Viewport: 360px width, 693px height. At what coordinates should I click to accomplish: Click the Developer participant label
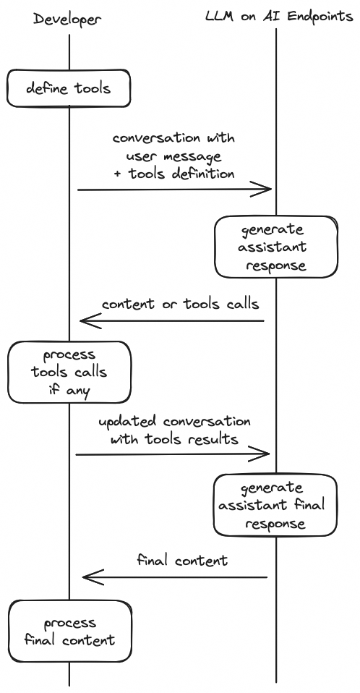pyautogui.click(x=67, y=20)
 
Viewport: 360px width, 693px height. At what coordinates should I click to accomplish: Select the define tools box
pyautogui.click(x=69, y=89)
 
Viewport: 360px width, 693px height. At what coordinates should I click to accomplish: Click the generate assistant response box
pyautogui.click(x=275, y=247)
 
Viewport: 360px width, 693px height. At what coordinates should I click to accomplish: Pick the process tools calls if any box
pyautogui.click(x=69, y=372)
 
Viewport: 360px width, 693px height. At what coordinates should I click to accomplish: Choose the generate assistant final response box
pyautogui.click(x=275, y=505)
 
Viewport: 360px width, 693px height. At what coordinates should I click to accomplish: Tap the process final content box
pyautogui.click(x=70, y=631)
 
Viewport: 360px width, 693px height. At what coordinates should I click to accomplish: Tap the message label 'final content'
pyautogui.click(x=182, y=560)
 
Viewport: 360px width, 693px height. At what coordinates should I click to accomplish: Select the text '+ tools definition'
pyautogui.click(x=174, y=174)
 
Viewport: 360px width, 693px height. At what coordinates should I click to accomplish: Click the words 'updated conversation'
pyautogui.click(x=174, y=421)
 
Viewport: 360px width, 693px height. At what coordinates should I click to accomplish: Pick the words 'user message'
pyautogui.click(x=173, y=156)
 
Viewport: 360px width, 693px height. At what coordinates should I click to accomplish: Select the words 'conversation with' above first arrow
pyautogui.click(x=173, y=138)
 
